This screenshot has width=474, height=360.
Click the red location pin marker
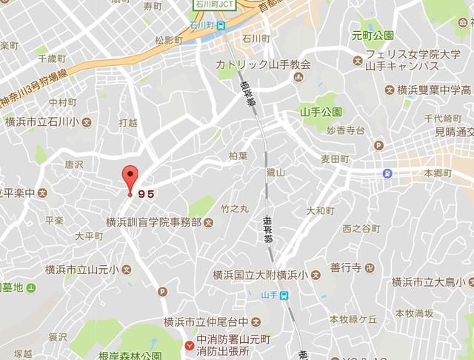tap(130, 179)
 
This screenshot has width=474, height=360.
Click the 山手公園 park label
tap(321, 112)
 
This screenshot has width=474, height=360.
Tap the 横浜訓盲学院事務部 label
tap(153, 222)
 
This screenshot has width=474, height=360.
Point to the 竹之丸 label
tap(235, 210)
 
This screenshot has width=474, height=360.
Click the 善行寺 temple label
tap(345, 267)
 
